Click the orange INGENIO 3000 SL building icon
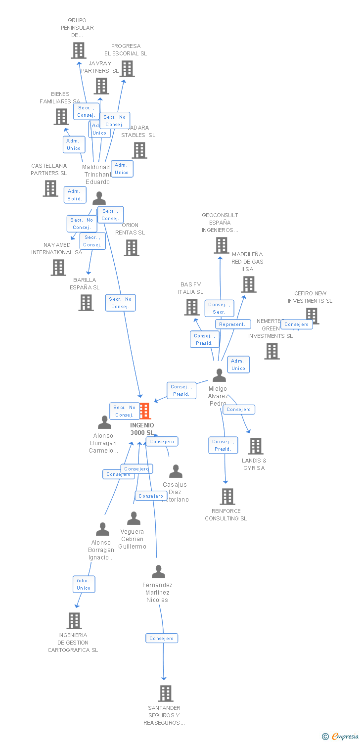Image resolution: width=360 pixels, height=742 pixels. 145,411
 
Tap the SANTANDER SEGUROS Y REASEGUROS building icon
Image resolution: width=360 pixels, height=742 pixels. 166,694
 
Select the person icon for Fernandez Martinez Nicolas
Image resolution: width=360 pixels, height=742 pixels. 158,572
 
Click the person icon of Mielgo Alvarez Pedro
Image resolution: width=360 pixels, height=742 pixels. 219,375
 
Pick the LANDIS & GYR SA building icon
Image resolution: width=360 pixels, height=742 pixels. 255,446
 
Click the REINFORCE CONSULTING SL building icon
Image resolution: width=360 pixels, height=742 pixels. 227,497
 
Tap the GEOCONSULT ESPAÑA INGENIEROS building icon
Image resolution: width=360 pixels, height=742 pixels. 221,245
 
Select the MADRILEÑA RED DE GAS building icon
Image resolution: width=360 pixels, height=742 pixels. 249,284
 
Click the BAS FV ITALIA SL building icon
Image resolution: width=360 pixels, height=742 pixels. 191,307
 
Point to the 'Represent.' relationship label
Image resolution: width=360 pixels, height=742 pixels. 232,325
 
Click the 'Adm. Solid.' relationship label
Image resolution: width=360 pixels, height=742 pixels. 75,195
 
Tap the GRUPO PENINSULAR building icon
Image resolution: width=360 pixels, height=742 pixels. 78,50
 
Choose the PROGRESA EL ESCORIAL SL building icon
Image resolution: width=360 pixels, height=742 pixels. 127,69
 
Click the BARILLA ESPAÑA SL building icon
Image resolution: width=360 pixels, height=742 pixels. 86,303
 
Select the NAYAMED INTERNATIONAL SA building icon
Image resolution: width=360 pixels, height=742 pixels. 58,268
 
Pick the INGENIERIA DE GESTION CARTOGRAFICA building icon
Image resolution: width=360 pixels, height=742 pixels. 74,621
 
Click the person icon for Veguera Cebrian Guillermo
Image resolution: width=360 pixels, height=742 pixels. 134,518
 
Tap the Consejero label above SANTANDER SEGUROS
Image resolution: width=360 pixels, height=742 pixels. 162,639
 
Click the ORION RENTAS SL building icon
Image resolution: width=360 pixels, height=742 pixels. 132,248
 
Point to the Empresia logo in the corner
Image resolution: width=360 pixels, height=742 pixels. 341,737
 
